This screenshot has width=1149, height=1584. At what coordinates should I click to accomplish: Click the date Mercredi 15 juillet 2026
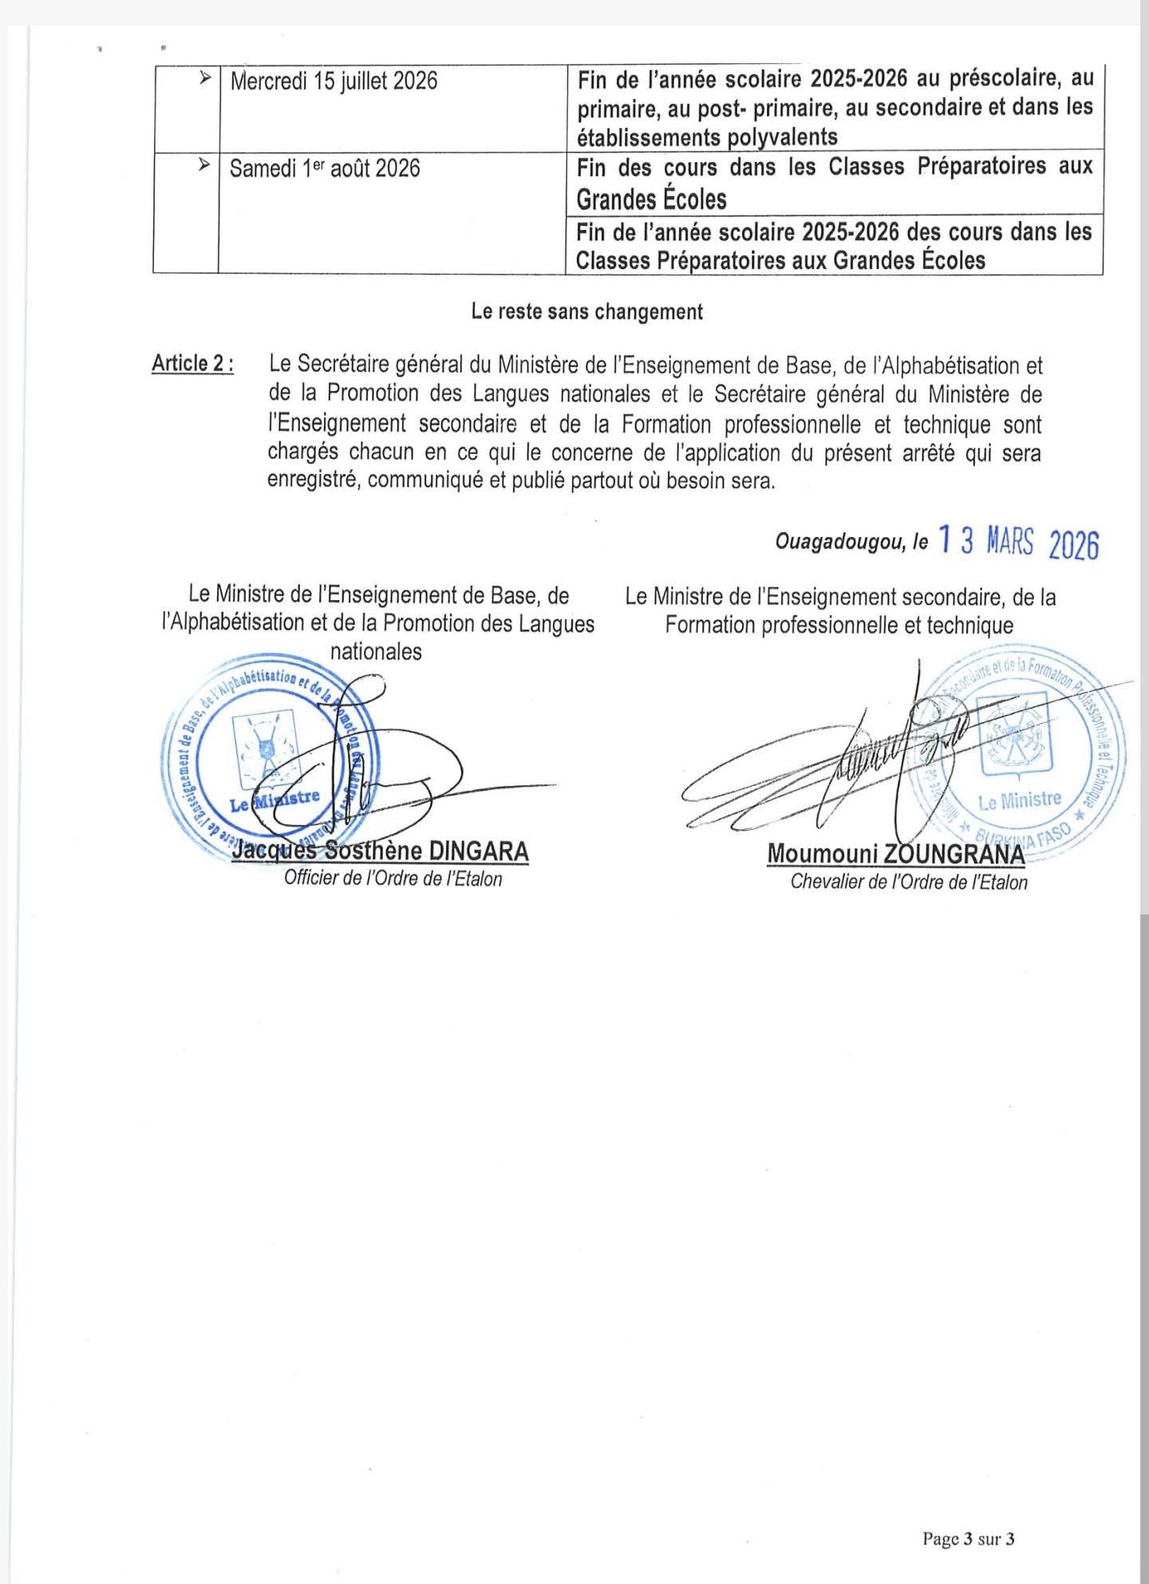(334, 81)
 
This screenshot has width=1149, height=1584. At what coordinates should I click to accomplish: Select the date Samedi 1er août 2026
(325, 168)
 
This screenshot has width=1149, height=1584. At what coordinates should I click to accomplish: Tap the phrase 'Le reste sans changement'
(587, 311)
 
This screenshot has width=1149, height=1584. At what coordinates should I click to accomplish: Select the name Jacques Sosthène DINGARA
(380, 851)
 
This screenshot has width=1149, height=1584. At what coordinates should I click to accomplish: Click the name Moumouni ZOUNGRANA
(894, 853)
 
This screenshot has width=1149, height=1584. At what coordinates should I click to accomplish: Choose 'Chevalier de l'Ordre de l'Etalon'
(909, 881)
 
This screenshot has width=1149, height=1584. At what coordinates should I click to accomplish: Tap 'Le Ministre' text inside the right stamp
(1020, 800)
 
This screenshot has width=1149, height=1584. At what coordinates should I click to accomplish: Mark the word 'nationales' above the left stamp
(376, 651)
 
